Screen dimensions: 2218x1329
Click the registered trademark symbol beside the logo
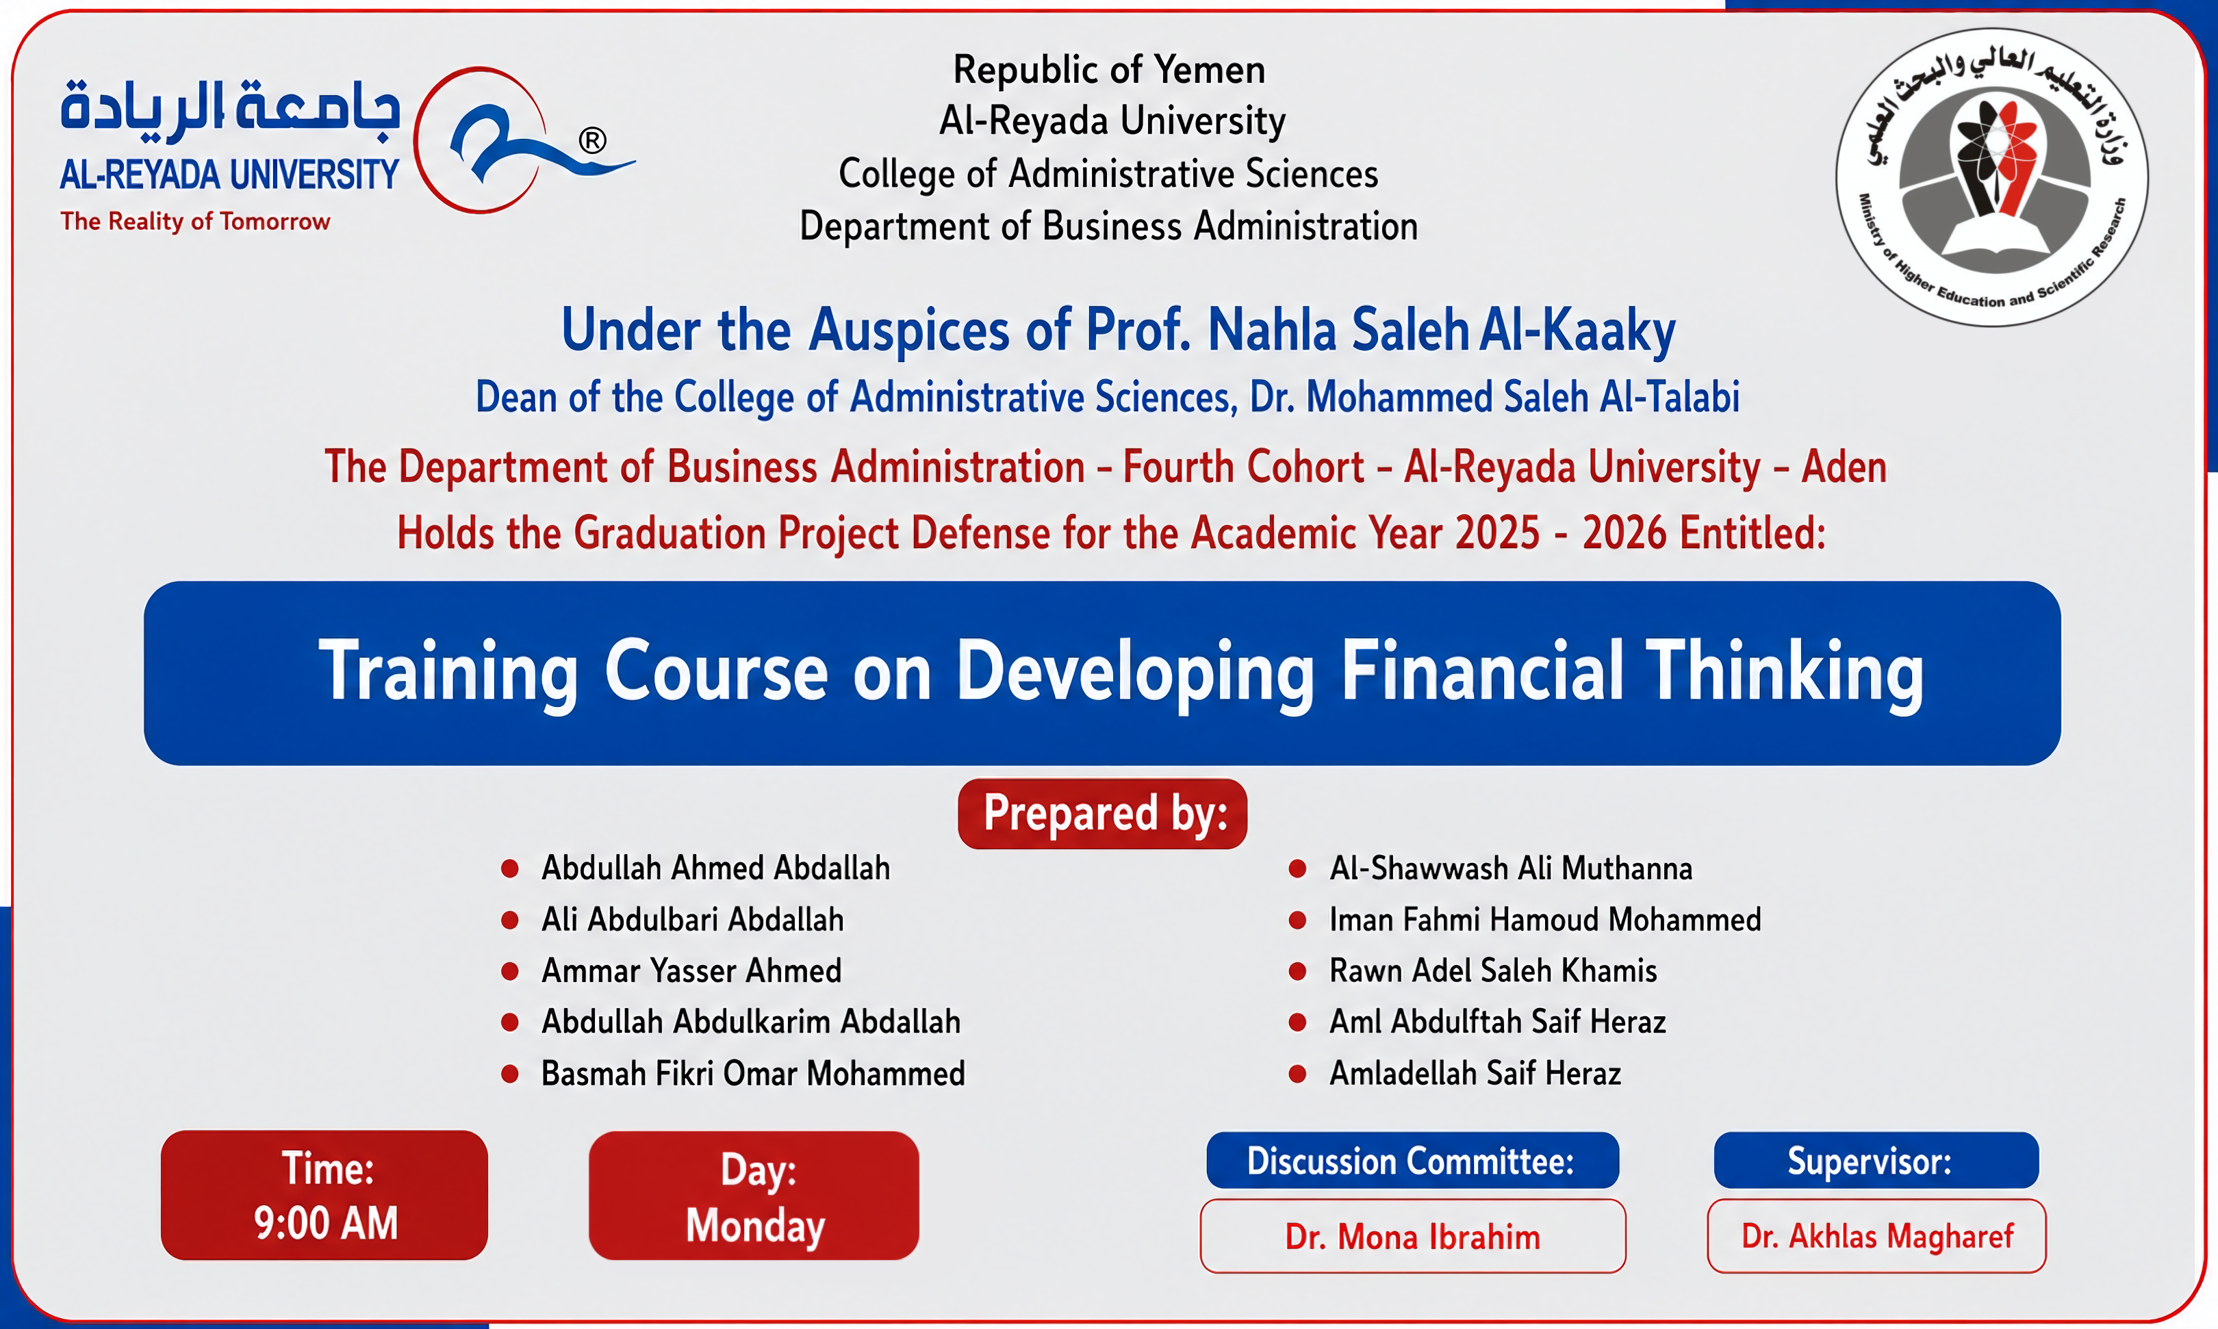(592, 140)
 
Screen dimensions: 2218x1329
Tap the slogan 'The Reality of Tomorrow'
(195, 221)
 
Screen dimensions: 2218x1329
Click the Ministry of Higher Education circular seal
(1991, 177)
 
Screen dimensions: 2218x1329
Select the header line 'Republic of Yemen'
(1109, 70)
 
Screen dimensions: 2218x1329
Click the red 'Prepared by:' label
(1103, 813)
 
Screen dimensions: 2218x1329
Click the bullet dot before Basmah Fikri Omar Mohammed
(510, 1074)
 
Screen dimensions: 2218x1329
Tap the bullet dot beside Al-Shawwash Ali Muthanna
(1297, 868)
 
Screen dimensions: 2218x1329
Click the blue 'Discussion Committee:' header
(1412, 1161)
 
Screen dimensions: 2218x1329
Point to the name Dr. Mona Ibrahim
(1413, 1237)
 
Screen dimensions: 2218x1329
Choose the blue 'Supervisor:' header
(1876, 1161)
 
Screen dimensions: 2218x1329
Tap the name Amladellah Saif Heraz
(1475, 1074)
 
